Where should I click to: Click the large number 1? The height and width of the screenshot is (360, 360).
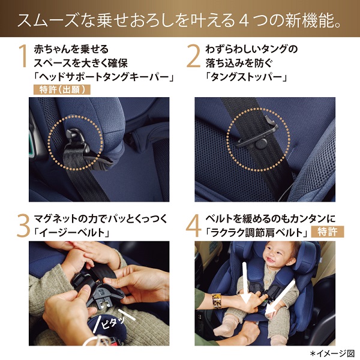point(23,56)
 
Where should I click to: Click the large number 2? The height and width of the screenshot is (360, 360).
point(193,56)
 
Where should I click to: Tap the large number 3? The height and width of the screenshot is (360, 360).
point(23,226)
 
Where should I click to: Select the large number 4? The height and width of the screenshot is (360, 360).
point(194,226)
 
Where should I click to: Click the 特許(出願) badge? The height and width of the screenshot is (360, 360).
point(62,90)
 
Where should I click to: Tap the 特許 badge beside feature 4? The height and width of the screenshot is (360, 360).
point(328,232)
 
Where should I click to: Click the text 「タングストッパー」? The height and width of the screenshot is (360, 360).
point(247,77)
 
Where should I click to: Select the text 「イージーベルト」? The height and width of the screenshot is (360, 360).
point(72,233)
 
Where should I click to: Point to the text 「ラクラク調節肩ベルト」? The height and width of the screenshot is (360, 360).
point(257,233)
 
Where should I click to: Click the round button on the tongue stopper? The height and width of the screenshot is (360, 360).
point(261,144)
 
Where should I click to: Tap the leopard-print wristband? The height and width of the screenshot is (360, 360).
point(217,301)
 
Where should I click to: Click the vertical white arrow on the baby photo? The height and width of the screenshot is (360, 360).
point(245,283)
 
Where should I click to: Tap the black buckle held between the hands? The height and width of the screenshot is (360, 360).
point(97,290)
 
